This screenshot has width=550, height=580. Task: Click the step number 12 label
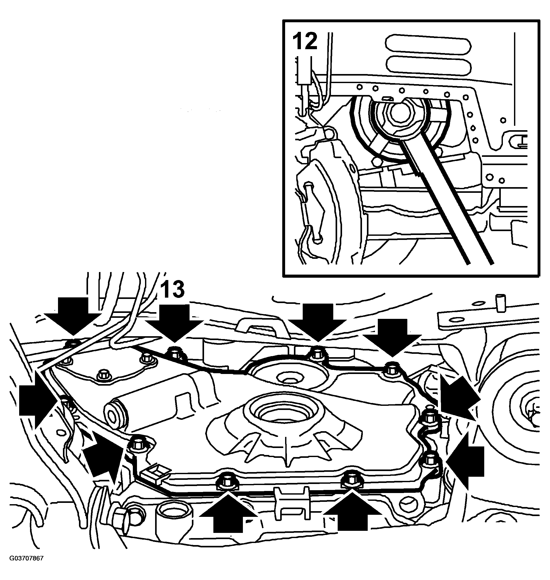(x=305, y=42)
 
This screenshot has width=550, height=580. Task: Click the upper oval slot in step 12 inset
(x=428, y=46)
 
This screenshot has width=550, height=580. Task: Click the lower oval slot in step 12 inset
(x=428, y=65)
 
